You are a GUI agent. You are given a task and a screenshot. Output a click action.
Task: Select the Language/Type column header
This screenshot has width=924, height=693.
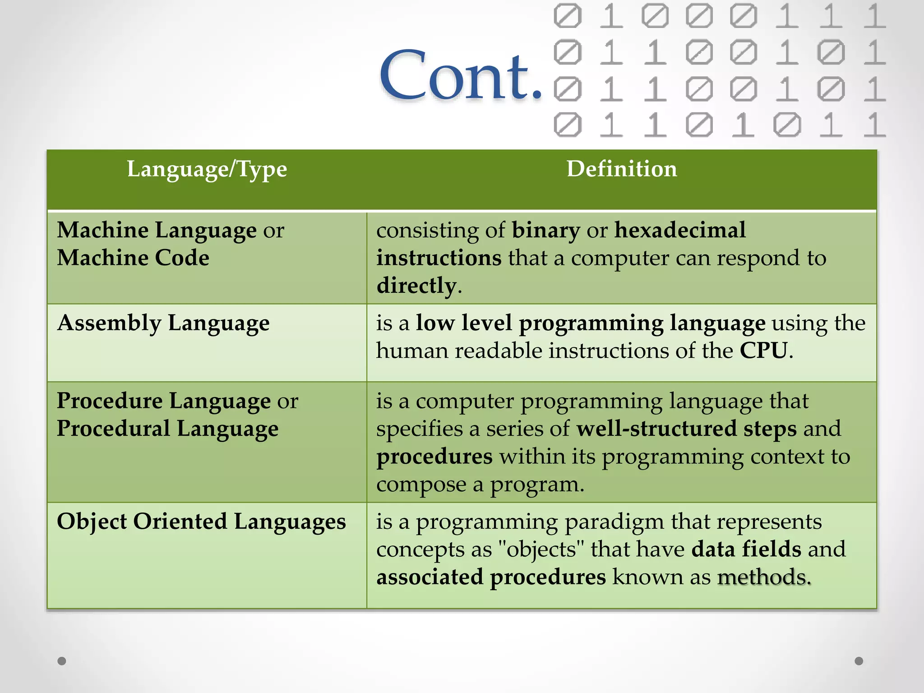207,170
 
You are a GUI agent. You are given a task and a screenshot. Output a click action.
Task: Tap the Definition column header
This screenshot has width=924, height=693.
621,170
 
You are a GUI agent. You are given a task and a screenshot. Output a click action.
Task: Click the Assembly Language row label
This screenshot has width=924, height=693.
163,323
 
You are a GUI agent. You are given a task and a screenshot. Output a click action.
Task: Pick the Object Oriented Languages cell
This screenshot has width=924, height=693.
201,522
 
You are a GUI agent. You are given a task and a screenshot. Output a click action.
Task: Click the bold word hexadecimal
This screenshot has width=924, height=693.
680,230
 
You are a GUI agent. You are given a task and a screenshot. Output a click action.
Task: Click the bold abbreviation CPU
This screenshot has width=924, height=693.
763,351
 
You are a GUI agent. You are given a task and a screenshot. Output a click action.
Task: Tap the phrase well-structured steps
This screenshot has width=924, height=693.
686,429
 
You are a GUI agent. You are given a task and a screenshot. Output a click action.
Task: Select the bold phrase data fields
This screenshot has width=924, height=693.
746,550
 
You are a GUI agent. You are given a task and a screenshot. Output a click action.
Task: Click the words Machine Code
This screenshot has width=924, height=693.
133,258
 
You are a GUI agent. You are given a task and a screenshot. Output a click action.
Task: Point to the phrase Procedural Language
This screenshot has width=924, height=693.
167,429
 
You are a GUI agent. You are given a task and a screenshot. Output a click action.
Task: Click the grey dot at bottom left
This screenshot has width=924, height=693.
62,661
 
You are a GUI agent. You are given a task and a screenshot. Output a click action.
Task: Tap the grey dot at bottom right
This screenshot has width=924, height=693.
859,661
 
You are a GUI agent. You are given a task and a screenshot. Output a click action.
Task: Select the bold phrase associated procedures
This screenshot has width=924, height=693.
491,577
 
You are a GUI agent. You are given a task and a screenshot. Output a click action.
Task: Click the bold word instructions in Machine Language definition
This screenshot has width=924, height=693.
439,258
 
